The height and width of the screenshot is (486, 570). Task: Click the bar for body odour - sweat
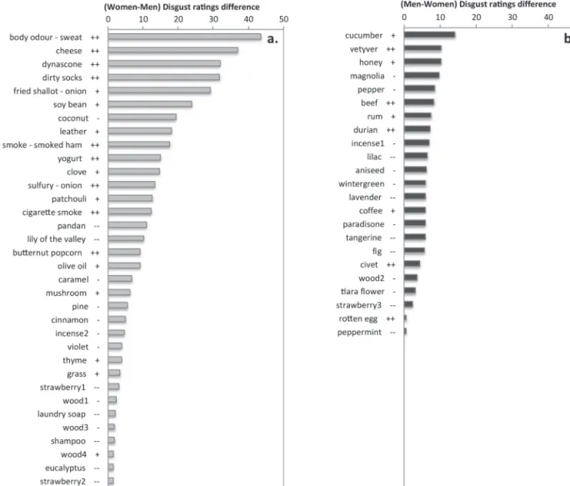(185, 37)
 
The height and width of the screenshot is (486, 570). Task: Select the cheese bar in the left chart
(173, 50)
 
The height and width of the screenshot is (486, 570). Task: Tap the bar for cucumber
(430, 34)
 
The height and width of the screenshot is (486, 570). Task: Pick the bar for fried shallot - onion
(159, 91)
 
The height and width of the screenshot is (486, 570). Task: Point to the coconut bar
(142, 118)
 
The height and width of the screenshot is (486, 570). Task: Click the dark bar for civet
(412, 263)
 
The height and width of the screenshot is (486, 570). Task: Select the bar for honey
(422, 62)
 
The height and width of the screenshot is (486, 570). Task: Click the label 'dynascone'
(62, 64)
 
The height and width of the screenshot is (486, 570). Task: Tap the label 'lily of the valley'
(57, 239)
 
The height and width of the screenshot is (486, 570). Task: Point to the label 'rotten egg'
(358, 319)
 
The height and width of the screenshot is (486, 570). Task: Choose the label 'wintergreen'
(362, 183)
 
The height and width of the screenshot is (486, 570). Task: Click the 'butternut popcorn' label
(47, 253)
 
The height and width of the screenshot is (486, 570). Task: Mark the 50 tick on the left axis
(284, 19)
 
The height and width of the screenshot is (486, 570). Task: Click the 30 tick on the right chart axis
(512, 18)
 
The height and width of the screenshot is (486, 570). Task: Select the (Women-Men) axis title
(182, 7)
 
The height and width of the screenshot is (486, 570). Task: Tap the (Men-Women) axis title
(478, 4)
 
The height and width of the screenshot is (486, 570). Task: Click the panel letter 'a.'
(272, 39)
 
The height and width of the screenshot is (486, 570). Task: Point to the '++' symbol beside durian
(391, 130)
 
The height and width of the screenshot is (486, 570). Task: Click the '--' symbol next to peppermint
(392, 333)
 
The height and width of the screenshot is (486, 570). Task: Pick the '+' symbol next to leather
(97, 132)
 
